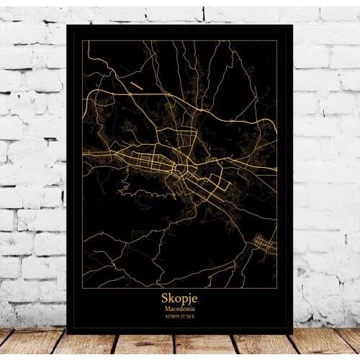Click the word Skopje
tap(179, 297)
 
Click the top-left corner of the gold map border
tap(83, 41)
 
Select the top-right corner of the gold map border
tap(277, 41)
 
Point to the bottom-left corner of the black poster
tap(66, 333)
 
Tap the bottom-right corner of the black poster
tap(292, 333)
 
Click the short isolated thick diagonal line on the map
tap(137, 86)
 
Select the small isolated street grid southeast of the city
tap(264, 245)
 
